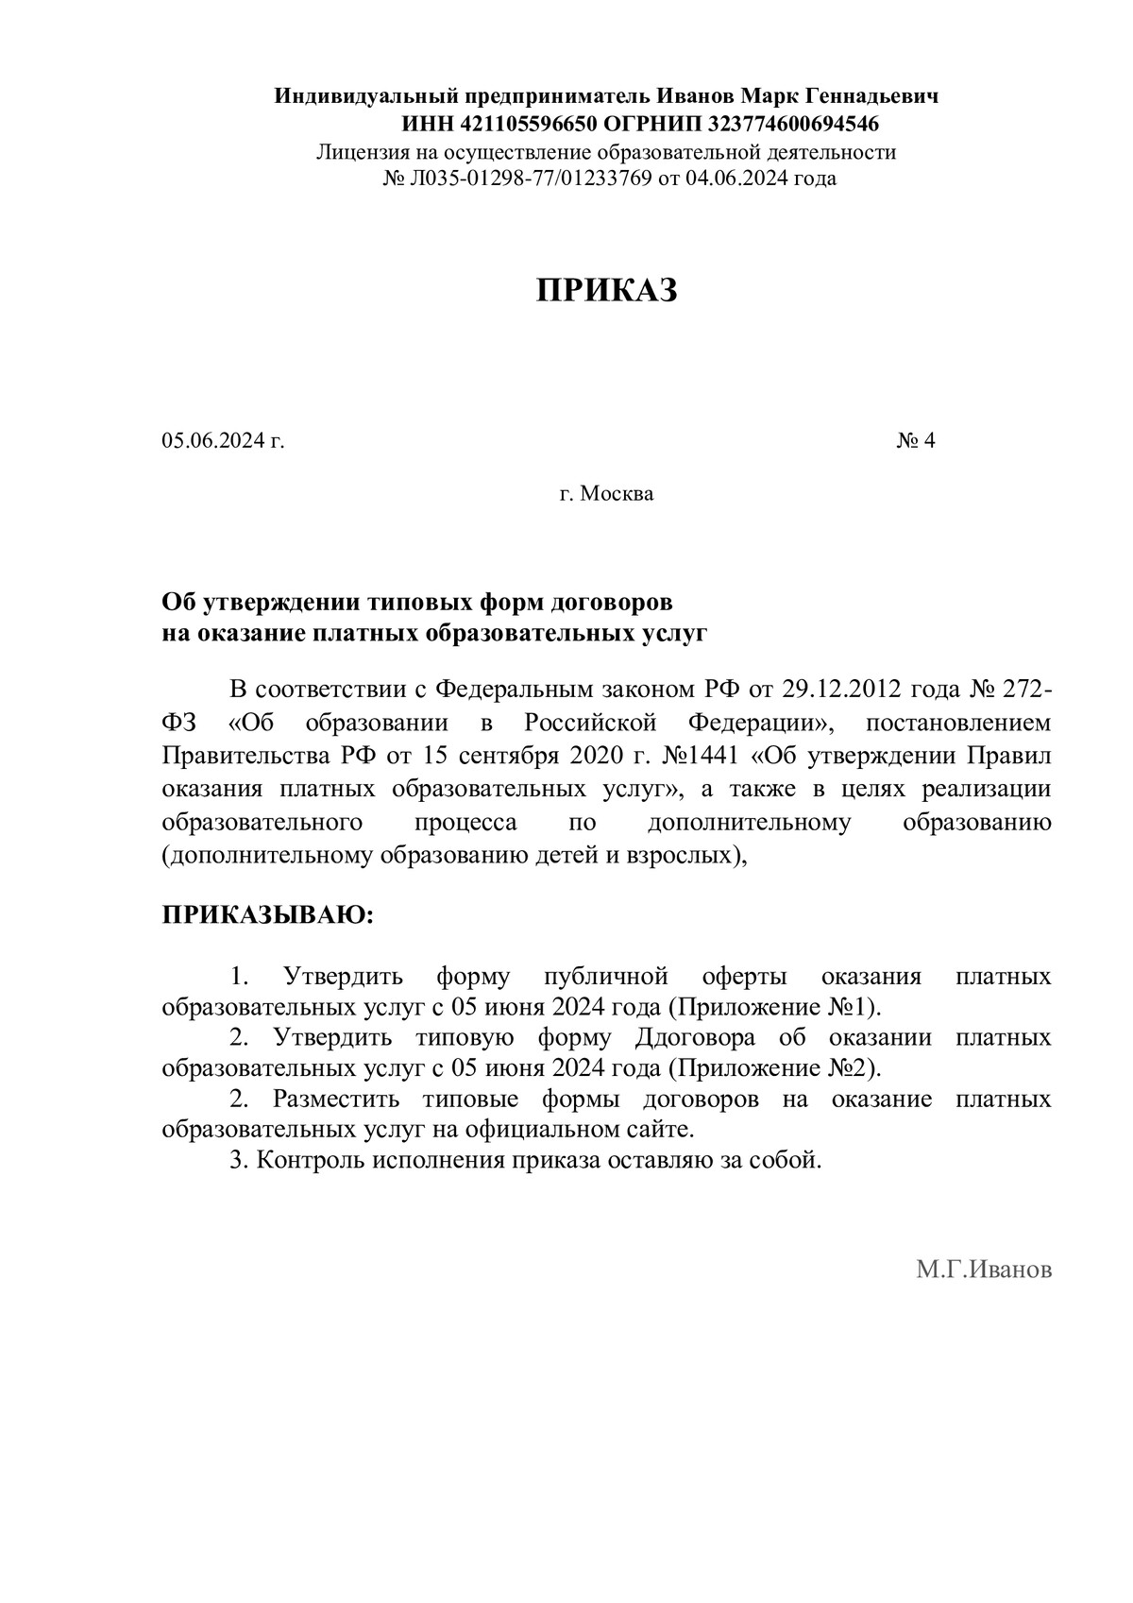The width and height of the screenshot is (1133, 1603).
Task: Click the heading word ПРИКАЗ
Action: pyautogui.click(x=607, y=291)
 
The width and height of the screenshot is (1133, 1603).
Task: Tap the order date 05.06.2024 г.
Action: pyautogui.click(x=223, y=440)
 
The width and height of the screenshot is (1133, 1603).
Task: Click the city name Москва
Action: pyautogui.click(x=616, y=493)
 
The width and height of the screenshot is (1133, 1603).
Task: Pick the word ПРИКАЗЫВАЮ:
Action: pyautogui.click(x=268, y=914)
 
